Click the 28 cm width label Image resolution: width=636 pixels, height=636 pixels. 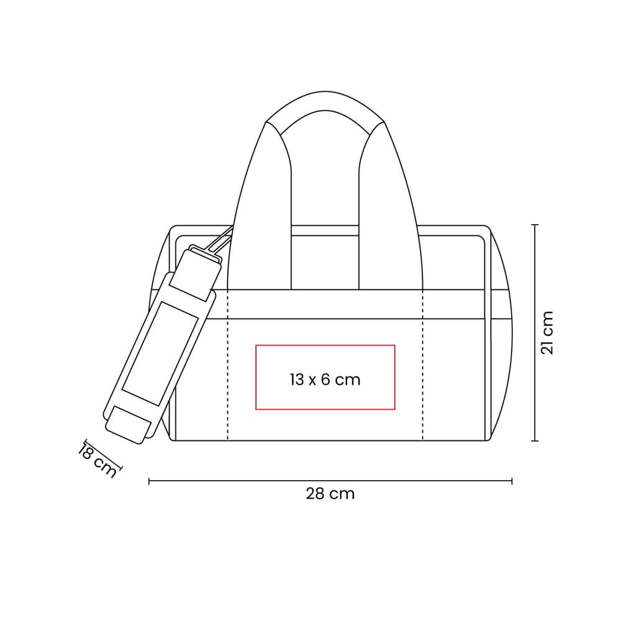[330, 494]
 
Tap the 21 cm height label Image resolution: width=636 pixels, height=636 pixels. [547, 333]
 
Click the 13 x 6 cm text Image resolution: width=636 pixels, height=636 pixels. [325, 379]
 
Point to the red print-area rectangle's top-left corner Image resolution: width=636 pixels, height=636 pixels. [256, 345]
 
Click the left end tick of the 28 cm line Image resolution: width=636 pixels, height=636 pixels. [149, 481]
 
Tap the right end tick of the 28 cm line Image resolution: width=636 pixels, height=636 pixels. [512, 481]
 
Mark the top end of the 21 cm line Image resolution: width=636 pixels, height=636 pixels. [535, 224]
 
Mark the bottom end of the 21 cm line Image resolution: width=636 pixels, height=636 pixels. [535, 440]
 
